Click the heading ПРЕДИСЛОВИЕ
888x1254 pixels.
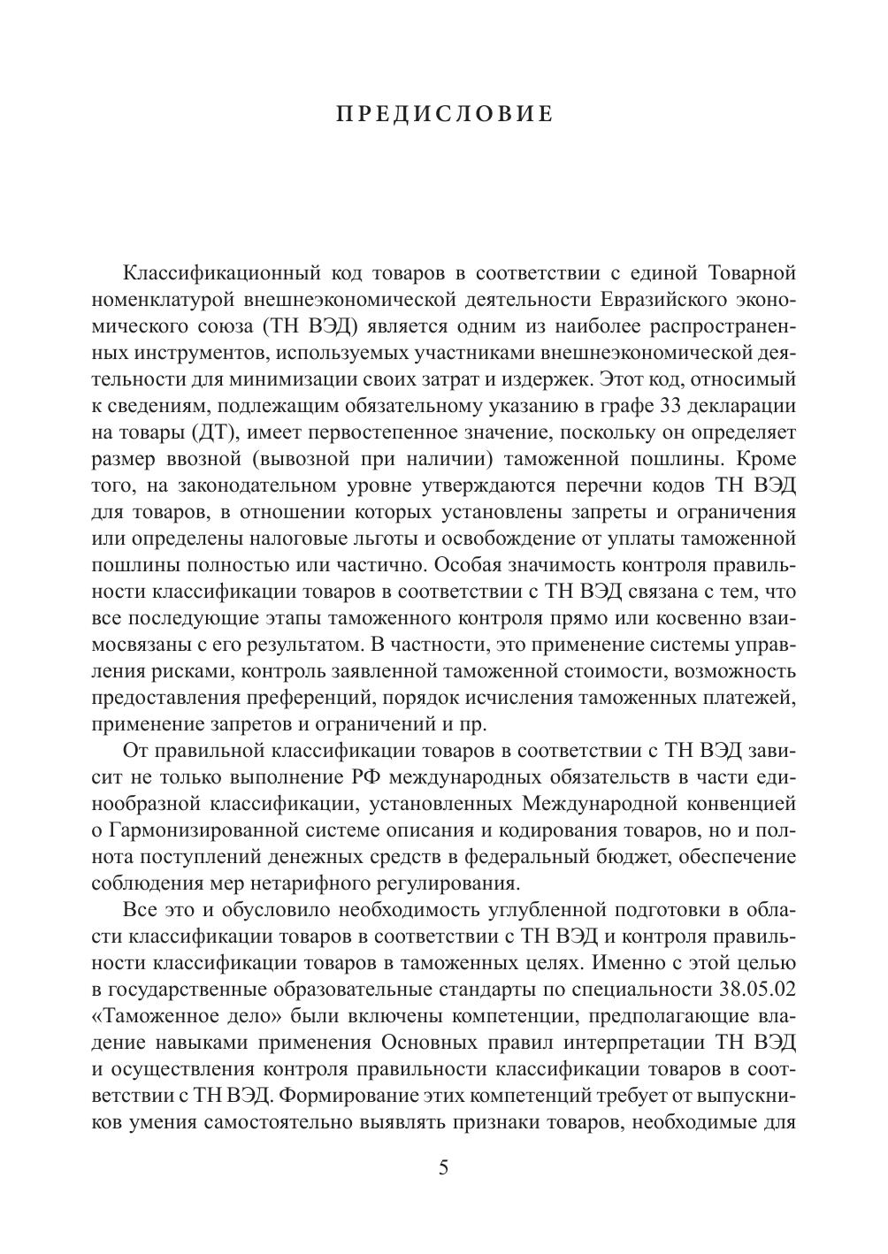[444, 115]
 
